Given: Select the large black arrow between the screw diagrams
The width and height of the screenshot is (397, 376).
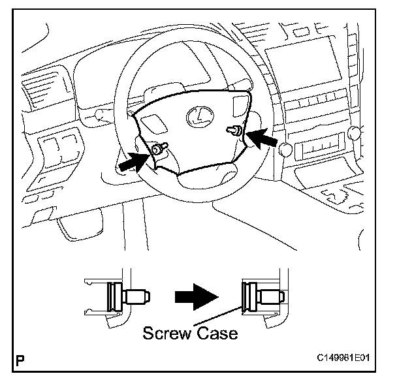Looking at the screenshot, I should [x=197, y=296].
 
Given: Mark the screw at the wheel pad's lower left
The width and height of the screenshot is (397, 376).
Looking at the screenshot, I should [x=159, y=149].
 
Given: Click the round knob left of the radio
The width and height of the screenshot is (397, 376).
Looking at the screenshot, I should [x=285, y=150].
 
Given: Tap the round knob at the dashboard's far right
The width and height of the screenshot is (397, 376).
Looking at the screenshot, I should [x=355, y=134].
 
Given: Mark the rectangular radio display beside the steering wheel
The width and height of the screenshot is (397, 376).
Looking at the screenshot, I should [x=319, y=150].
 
